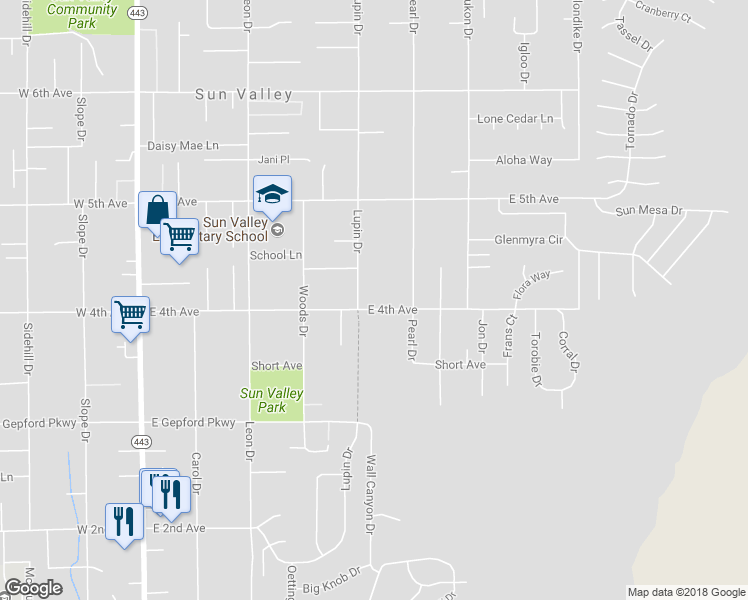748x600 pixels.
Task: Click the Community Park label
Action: pos(82,16)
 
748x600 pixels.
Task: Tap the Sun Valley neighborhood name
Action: pos(244,95)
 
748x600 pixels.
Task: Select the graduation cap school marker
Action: pos(272,194)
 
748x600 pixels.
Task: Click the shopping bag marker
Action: pos(157,210)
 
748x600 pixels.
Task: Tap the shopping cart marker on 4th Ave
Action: pos(130,315)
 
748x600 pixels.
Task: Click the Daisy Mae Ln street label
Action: pos(183,145)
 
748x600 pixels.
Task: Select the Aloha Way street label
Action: pos(524,160)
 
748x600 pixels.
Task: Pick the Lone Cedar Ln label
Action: pos(515,119)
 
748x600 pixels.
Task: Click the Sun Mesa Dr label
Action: pos(648,211)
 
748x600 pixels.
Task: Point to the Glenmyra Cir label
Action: pos(529,240)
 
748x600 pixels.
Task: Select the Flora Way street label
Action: pos(531,286)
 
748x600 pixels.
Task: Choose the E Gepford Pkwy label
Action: pos(193,423)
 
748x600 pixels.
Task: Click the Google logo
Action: pos(33,588)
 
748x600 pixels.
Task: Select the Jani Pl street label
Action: pos(273,159)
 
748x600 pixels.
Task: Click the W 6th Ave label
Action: pos(45,93)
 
